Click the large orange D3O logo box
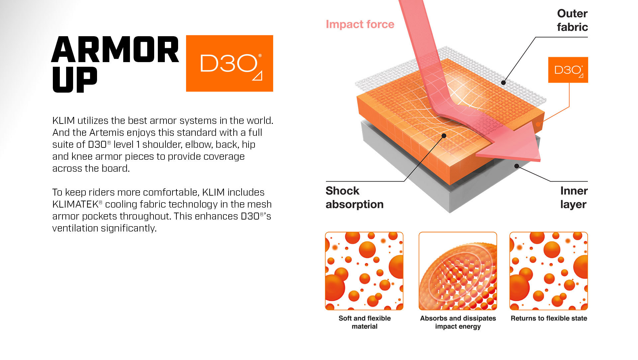[229, 63]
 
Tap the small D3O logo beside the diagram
[568, 70]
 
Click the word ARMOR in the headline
[115, 49]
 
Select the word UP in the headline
[75, 79]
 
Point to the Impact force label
[360, 24]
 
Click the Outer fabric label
[572, 20]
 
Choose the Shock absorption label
[355, 198]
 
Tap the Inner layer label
[574, 198]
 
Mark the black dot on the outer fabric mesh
[503, 83]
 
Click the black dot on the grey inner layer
[517, 166]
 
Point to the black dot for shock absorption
[444, 135]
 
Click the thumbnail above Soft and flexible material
[364, 271]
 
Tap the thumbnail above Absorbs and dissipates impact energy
[458, 271]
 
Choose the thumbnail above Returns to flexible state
[549, 271]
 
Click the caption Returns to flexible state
[549, 318]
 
